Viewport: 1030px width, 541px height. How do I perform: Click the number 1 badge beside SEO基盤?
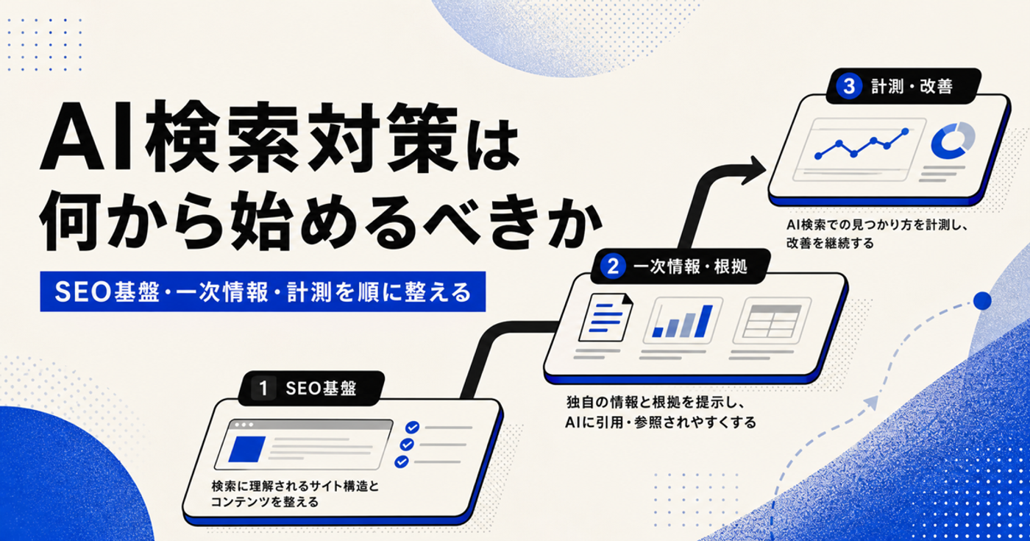point(263,389)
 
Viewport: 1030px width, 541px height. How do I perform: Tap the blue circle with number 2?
point(612,266)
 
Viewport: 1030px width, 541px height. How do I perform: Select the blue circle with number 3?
point(849,87)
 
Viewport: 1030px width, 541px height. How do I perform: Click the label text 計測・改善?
point(912,87)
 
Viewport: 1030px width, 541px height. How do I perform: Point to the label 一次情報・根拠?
point(690,266)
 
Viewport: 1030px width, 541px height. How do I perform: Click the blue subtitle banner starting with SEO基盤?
point(263,291)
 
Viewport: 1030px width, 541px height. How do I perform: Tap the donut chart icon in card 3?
point(952,141)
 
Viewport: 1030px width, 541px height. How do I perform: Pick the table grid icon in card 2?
point(772,321)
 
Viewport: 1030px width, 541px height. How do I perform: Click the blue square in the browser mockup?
point(247,449)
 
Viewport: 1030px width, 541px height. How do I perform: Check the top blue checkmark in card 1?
point(412,428)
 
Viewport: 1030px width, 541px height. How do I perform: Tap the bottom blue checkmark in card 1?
point(402,462)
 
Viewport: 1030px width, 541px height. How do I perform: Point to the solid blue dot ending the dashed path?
point(982,301)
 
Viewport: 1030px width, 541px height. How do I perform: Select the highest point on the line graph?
point(906,132)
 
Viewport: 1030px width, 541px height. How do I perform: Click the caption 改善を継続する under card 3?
point(830,243)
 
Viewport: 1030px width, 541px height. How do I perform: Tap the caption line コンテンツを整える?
point(265,501)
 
